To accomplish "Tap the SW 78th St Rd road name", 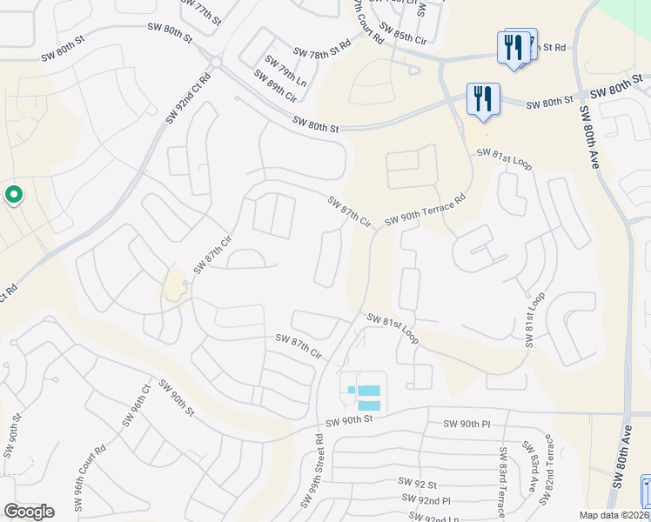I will coord(321,48).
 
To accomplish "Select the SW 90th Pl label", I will coord(467,424).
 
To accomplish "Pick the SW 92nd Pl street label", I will coord(426,500).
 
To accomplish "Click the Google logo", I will coord(29,512).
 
